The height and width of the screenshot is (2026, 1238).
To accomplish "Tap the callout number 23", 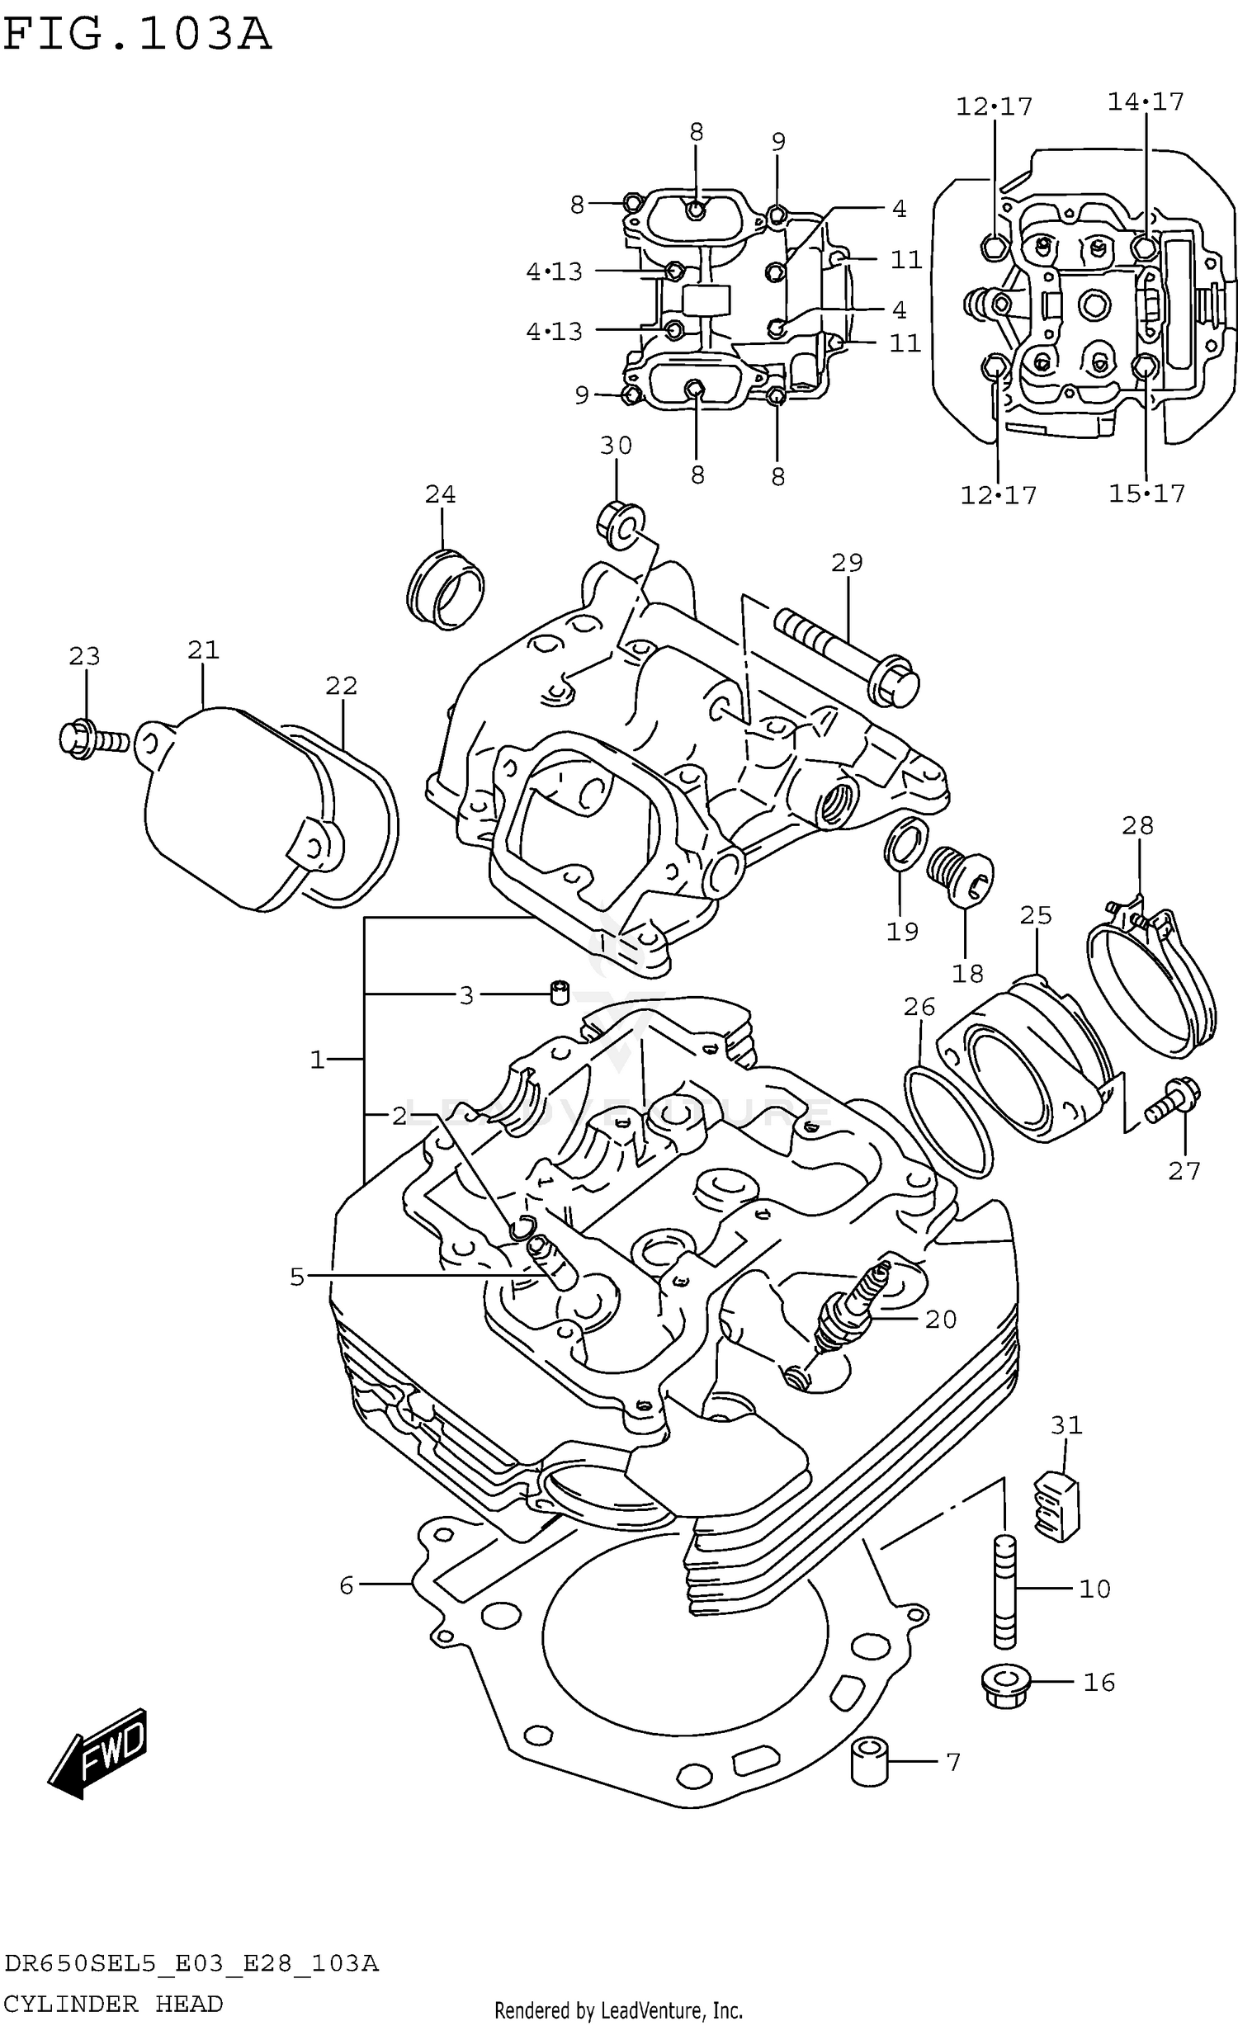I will (84, 657).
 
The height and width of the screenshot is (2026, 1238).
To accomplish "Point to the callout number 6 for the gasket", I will (347, 1585).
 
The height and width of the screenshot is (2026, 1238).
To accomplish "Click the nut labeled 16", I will (1005, 1684).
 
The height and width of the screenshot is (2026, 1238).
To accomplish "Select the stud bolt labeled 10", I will (1004, 1591).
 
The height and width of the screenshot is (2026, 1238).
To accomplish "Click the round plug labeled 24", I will (446, 588).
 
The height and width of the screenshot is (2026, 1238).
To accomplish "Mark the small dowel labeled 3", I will (560, 992).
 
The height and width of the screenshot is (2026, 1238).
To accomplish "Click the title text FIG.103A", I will (137, 35).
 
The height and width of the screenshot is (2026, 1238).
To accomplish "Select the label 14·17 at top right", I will (1146, 102).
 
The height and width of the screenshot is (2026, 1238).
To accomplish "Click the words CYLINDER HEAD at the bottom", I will (113, 2004).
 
